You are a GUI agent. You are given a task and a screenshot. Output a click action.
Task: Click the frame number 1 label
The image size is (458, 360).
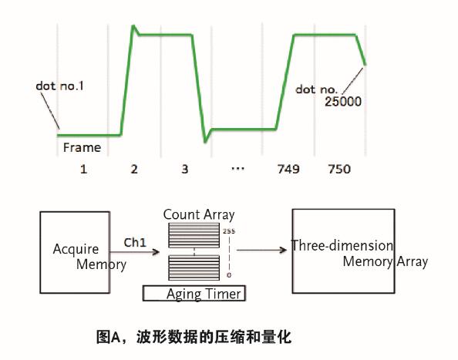(x=83, y=167)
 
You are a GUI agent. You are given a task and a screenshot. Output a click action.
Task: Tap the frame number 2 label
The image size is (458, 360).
(x=134, y=167)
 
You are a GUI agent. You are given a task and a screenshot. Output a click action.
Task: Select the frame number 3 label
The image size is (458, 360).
(x=186, y=167)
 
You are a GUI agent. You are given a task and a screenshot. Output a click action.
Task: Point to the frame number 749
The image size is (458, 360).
(x=289, y=167)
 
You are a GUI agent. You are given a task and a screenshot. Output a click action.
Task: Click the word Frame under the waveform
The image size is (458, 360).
(x=82, y=146)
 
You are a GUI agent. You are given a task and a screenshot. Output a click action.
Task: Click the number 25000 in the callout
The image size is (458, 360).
(x=344, y=100)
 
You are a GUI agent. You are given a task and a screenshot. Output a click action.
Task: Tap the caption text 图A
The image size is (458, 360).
(x=106, y=337)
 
